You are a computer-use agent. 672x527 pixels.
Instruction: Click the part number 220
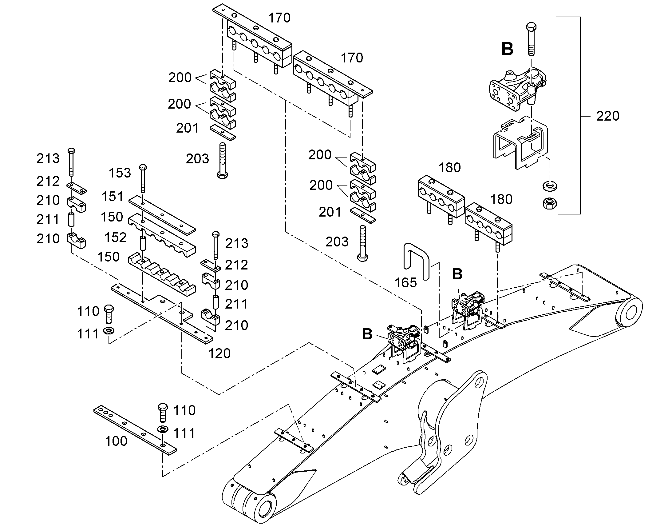point(607,116)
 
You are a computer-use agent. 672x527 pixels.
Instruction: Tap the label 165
point(406,282)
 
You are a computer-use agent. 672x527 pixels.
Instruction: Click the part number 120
point(219,353)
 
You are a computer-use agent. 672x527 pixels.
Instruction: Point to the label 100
point(116,441)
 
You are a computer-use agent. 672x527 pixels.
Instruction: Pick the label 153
point(120,173)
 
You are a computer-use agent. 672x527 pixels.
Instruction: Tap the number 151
point(113,197)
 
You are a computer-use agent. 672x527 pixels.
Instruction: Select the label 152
point(116,238)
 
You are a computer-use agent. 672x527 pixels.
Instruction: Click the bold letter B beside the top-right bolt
point(508,49)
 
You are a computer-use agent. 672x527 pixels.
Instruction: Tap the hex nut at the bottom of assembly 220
point(549,204)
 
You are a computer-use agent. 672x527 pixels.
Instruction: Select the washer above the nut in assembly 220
point(549,186)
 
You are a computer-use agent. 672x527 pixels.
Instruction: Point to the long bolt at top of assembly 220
point(531,39)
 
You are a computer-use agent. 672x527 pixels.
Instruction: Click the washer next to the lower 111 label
point(162,429)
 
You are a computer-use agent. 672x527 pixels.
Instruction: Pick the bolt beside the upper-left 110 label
point(109,314)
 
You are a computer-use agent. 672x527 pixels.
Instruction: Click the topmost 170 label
point(279,18)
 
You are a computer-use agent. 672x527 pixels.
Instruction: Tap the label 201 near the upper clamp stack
point(187,128)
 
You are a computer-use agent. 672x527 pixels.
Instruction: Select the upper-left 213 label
point(48,159)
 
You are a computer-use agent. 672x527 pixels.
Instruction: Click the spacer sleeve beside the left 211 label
point(71,219)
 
